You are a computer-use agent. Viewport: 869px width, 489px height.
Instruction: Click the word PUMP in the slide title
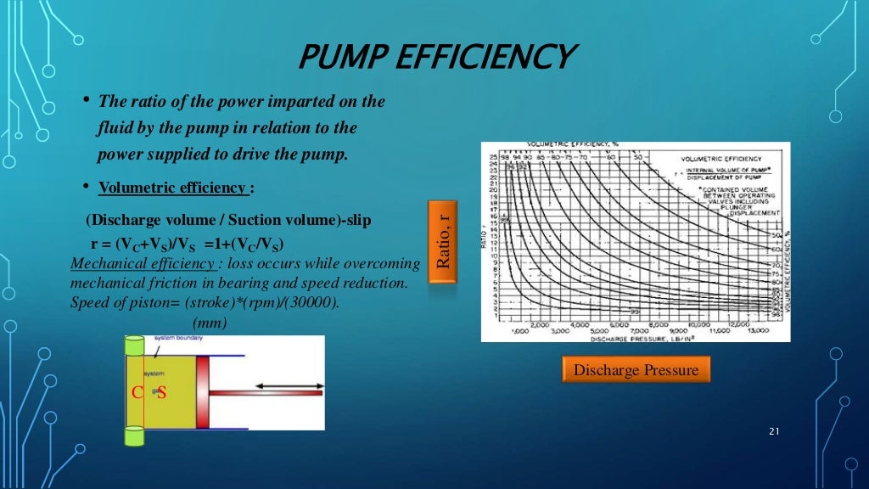[344, 58]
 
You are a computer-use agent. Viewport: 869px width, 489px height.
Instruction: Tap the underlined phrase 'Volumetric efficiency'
[172, 188]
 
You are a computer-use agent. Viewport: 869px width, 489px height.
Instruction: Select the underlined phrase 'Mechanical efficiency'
[141, 263]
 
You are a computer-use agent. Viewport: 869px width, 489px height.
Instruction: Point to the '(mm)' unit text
[210, 323]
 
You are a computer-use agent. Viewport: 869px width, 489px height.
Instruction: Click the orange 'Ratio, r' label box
[441, 242]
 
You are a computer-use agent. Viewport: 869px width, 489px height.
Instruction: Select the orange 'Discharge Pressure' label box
[636, 370]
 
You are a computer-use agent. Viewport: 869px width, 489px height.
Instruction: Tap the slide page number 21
[772, 432]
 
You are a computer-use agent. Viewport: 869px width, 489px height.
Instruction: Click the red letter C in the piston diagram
[136, 392]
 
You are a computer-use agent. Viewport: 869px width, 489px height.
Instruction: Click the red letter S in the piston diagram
[162, 392]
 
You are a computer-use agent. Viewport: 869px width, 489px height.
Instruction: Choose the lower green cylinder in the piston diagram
[135, 436]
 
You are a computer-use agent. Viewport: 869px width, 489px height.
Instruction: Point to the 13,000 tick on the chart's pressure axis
[759, 331]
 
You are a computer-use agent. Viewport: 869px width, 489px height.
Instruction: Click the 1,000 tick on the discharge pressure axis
[520, 331]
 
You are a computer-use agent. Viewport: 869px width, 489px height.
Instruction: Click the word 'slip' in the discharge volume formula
[356, 220]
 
